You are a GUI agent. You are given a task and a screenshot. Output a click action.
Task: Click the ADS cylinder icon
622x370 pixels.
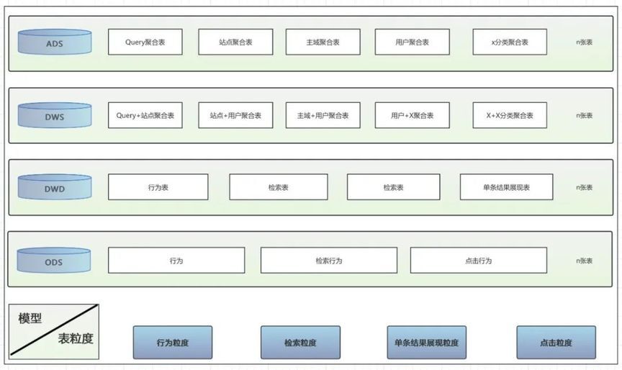click(55, 42)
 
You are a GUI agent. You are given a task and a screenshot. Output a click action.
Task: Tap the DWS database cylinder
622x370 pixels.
click(55, 115)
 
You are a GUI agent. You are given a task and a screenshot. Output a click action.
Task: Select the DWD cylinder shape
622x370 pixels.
click(55, 186)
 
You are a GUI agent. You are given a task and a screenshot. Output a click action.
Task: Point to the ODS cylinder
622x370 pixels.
click(53, 260)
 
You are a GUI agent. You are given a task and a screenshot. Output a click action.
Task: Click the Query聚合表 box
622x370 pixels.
click(145, 42)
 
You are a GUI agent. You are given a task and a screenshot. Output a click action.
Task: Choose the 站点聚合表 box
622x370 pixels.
click(235, 42)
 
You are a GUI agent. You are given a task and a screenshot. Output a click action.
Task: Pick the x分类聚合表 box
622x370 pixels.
click(510, 42)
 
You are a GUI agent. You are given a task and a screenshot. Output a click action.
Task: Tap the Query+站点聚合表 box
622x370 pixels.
click(145, 115)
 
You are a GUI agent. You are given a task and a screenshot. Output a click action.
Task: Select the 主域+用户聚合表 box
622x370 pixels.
click(323, 115)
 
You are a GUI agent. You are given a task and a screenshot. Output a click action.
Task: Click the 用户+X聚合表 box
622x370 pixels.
click(413, 115)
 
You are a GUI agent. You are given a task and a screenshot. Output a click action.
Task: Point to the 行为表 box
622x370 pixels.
click(158, 186)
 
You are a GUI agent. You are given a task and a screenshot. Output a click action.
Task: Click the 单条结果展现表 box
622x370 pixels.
click(506, 186)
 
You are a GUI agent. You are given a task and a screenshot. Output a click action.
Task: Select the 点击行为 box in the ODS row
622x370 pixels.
click(479, 260)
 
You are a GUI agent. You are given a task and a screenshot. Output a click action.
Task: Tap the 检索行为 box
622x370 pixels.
click(329, 260)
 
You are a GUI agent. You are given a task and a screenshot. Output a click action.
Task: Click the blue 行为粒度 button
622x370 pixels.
click(173, 342)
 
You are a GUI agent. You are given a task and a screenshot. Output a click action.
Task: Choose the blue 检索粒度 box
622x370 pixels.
click(300, 342)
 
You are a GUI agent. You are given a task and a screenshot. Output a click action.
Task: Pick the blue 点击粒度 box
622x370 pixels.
click(556, 342)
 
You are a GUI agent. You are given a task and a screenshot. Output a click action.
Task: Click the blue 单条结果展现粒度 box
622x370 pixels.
click(426, 342)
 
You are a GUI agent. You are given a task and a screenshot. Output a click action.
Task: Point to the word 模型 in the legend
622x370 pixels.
click(30, 318)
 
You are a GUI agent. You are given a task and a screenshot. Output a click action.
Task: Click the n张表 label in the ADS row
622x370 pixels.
click(584, 42)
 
